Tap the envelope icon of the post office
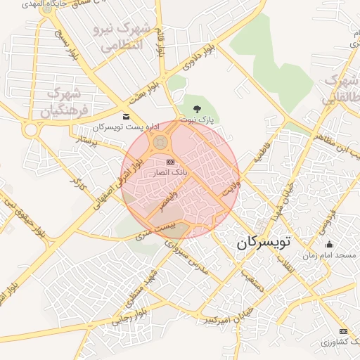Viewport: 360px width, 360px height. coord(126,116)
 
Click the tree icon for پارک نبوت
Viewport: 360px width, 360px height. coord(197,109)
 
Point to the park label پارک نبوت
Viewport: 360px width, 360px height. coord(197,120)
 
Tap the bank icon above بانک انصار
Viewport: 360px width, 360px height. coord(170,162)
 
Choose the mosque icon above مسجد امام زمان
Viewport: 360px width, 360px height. coord(330,245)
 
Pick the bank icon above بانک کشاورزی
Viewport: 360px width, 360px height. coord(342,331)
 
